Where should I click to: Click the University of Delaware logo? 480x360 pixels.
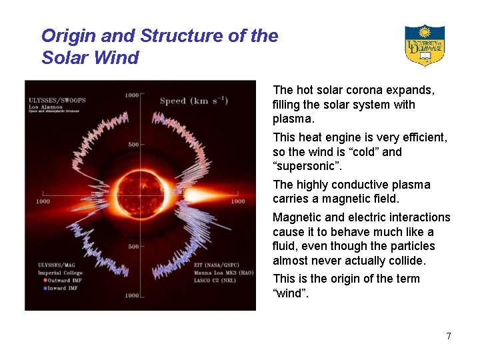coord(424,45)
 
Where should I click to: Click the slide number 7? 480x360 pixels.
coord(449,336)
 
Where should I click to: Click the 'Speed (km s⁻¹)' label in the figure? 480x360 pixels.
coord(193,101)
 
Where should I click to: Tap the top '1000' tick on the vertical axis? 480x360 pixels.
coord(132,95)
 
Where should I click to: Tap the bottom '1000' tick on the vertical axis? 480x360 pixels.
coord(132,295)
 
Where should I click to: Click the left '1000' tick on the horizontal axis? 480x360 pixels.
coord(43,201)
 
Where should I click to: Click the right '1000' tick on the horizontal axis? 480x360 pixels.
coord(237,201)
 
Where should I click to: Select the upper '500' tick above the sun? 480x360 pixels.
coord(133,145)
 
